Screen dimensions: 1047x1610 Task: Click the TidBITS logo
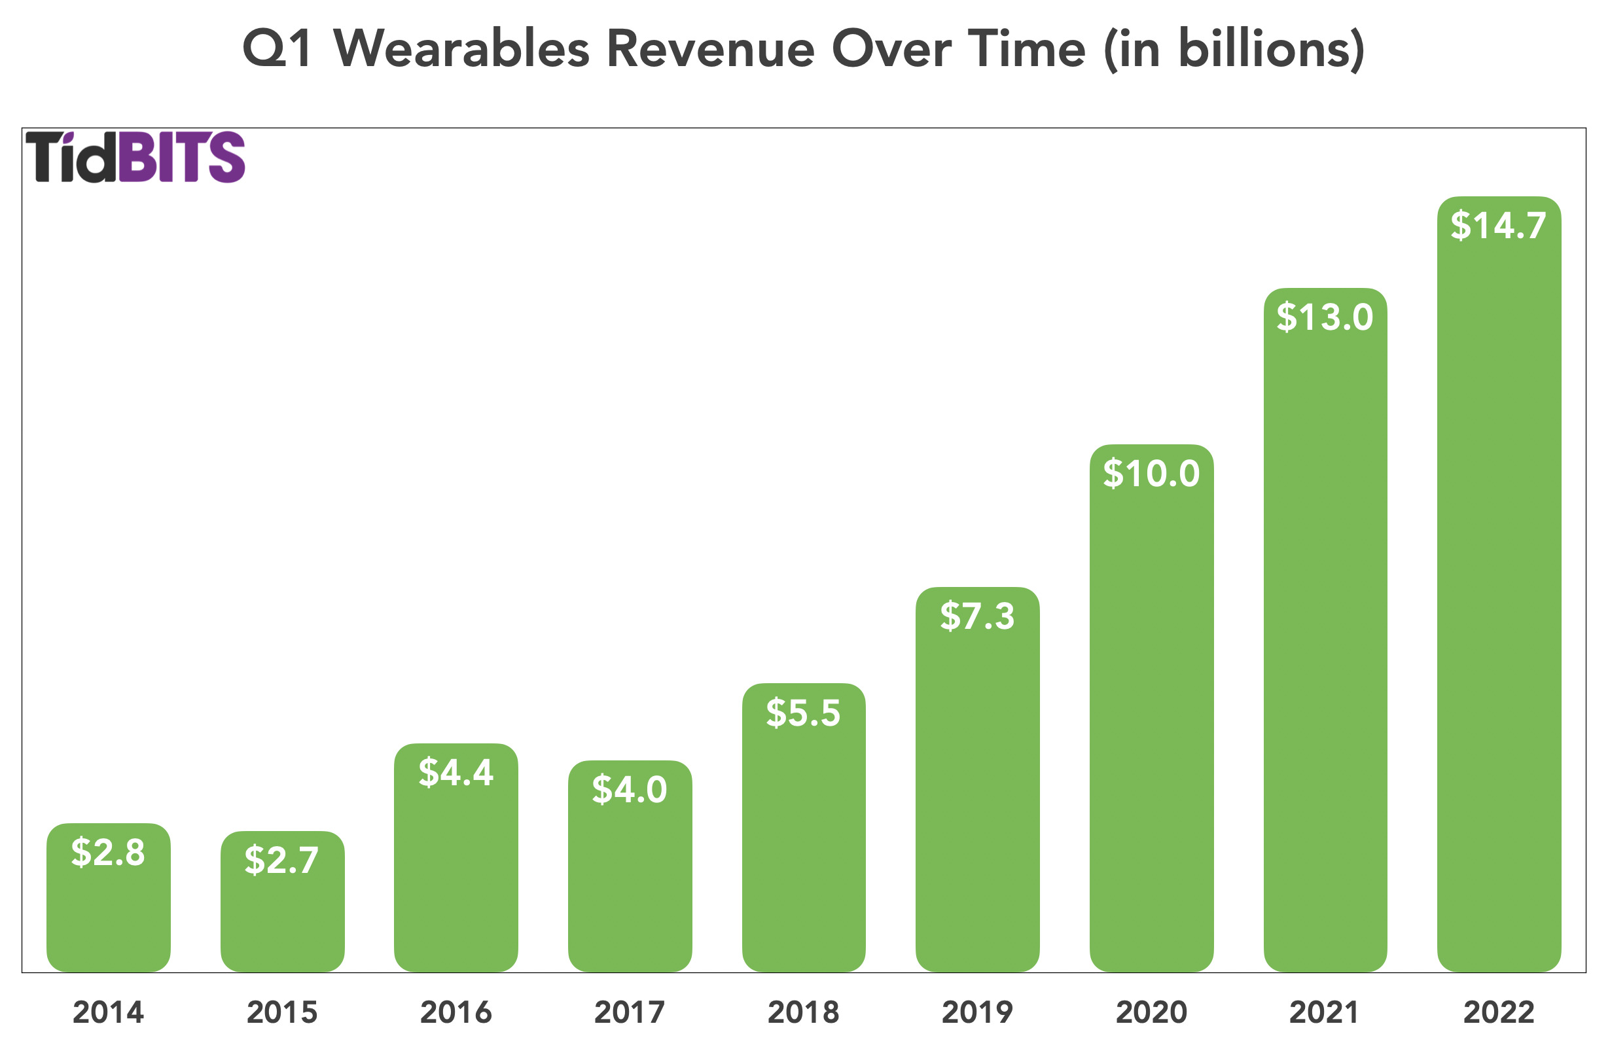point(135,157)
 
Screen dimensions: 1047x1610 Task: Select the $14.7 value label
point(1497,225)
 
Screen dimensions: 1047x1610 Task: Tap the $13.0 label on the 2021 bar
point(1325,317)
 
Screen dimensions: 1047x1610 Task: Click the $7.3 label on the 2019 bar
point(977,616)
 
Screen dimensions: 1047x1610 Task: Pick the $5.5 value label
point(803,713)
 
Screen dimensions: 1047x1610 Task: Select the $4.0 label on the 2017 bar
point(629,789)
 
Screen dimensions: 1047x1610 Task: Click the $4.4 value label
point(456,772)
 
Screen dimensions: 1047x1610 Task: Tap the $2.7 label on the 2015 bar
point(281,860)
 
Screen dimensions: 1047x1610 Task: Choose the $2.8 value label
point(108,851)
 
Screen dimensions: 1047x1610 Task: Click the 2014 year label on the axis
point(108,1012)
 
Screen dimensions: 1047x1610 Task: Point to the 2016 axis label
point(456,1012)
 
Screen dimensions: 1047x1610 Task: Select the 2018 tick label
point(803,1012)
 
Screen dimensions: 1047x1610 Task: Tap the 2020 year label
point(1151,1012)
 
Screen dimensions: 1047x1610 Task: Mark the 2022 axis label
point(1498,1012)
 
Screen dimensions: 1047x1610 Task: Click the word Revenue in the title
point(710,48)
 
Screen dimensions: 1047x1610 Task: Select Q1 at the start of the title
point(277,48)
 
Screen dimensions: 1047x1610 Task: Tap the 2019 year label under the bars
point(977,1012)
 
